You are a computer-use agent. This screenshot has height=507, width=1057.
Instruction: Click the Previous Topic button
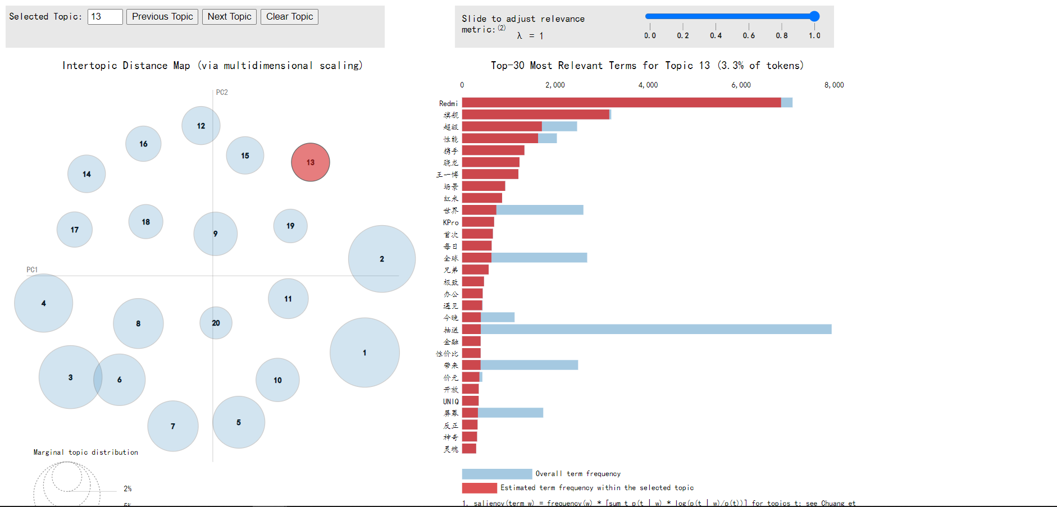162,17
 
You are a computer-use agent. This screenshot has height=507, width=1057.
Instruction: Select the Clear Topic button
289,17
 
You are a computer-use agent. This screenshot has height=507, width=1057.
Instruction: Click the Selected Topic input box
105,17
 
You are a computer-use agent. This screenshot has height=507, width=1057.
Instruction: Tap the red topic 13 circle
311,162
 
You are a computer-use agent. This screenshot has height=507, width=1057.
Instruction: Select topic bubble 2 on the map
382,259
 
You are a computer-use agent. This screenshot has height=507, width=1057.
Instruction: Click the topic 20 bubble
216,323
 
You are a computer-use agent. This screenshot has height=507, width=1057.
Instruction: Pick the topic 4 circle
43,303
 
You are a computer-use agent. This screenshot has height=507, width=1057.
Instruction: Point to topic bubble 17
75,230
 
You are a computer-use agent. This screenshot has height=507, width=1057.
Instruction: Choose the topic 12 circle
201,126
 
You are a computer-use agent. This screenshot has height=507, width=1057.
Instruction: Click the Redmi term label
448,103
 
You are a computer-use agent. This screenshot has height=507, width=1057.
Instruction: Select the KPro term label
450,222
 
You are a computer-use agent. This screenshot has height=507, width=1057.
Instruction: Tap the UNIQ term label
450,401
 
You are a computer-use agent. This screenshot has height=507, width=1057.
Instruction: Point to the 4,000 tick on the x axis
648,85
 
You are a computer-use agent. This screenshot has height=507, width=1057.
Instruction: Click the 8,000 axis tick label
834,85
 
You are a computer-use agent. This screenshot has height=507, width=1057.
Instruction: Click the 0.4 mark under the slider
716,35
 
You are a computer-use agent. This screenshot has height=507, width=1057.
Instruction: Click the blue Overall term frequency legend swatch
496,474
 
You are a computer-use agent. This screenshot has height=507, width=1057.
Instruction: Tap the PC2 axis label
222,92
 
